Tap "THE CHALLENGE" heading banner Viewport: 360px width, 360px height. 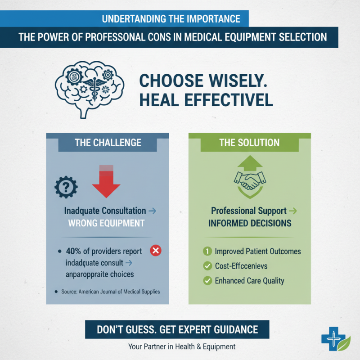pyautogui.click(x=108, y=143)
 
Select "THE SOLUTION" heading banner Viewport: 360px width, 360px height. pyautogui.click(x=249, y=143)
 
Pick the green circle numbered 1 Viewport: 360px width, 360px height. pyautogui.click(x=207, y=251)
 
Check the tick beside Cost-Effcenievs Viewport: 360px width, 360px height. pyautogui.click(x=207, y=266)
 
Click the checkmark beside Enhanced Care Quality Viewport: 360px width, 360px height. pyautogui.click(x=207, y=281)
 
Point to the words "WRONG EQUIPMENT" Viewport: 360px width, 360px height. pyautogui.click(x=106, y=223)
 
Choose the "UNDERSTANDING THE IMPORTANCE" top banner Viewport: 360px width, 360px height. pyautogui.click(x=171, y=19)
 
